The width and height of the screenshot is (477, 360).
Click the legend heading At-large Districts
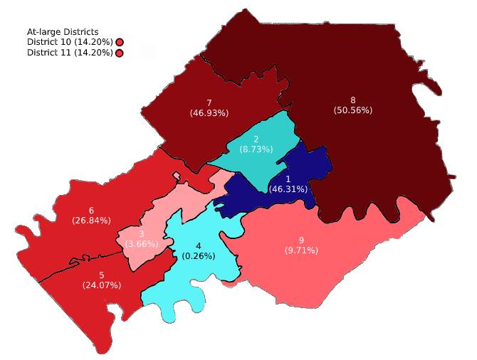tap(63, 31)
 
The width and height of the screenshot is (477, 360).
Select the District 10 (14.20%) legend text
tap(70, 42)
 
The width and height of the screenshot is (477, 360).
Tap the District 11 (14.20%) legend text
tap(70, 53)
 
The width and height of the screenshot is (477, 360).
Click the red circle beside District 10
tap(120, 43)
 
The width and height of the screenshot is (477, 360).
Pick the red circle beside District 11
tap(120, 53)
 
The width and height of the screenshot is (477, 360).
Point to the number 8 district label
tap(353, 100)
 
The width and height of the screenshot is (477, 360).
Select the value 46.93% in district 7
tap(209, 113)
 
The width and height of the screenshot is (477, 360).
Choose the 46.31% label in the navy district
tap(288, 189)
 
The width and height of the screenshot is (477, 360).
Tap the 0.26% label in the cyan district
tap(198, 256)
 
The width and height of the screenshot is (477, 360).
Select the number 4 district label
tap(198, 246)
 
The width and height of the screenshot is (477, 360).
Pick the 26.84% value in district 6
tap(91, 221)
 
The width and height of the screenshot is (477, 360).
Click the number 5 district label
tap(101, 275)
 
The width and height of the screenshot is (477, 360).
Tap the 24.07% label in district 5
tap(101, 285)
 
